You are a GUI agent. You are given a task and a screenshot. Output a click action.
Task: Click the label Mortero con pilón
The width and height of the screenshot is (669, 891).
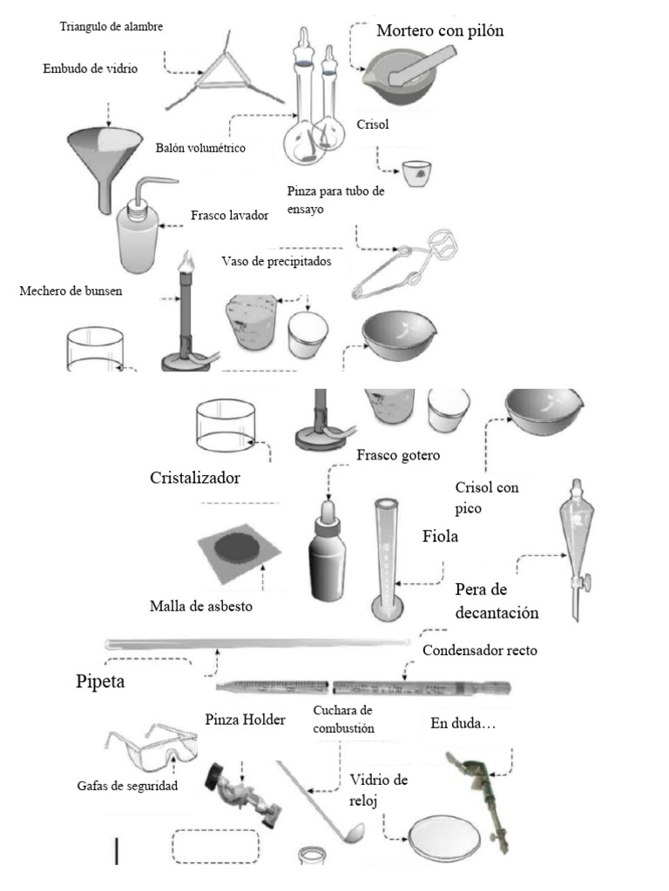[x=440, y=31]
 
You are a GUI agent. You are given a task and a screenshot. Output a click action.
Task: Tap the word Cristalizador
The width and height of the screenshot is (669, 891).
[x=195, y=479]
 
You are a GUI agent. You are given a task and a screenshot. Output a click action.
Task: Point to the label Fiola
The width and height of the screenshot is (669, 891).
[x=440, y=537]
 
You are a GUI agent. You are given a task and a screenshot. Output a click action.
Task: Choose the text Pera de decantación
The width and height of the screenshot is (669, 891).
[x=497, y=600]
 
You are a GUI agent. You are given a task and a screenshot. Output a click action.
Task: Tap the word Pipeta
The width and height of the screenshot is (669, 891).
[x=99, y=680]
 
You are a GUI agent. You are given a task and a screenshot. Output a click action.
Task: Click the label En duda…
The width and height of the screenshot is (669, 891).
[x=463, y=723]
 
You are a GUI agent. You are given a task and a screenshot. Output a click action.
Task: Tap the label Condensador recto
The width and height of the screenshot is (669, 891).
[x=479, y=650]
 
